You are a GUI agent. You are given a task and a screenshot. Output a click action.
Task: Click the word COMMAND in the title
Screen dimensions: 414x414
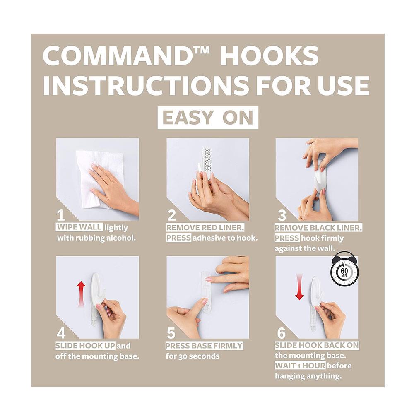118,56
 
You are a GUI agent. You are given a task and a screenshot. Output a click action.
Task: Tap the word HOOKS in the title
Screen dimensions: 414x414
270,56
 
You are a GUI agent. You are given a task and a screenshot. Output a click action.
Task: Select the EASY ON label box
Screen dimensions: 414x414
208,118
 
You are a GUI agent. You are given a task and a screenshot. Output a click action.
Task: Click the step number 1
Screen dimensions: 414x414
61,215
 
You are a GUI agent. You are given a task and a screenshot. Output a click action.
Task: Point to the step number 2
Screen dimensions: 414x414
172,215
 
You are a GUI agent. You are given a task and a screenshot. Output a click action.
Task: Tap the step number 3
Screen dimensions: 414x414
282,215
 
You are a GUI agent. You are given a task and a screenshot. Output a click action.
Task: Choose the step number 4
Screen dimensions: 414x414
61,333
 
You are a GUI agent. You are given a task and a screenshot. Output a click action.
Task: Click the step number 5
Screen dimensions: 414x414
171,333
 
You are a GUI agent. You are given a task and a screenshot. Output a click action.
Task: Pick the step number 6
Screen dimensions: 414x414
282,333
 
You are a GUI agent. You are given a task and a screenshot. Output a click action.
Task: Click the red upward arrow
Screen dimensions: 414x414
81,294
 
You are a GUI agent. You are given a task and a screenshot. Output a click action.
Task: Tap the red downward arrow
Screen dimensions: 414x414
299,287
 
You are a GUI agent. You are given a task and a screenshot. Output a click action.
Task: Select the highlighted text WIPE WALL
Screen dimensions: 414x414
79,227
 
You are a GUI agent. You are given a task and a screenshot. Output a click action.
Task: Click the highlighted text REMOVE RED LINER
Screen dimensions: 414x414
205,227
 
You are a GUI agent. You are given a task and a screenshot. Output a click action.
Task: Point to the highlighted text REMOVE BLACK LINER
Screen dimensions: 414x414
318,228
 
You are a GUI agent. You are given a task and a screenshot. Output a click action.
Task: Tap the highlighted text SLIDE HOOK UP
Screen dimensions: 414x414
85,345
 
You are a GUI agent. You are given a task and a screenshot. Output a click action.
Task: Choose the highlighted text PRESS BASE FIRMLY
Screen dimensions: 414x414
204,345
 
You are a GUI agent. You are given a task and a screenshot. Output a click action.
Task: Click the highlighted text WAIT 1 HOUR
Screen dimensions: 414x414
300,366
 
